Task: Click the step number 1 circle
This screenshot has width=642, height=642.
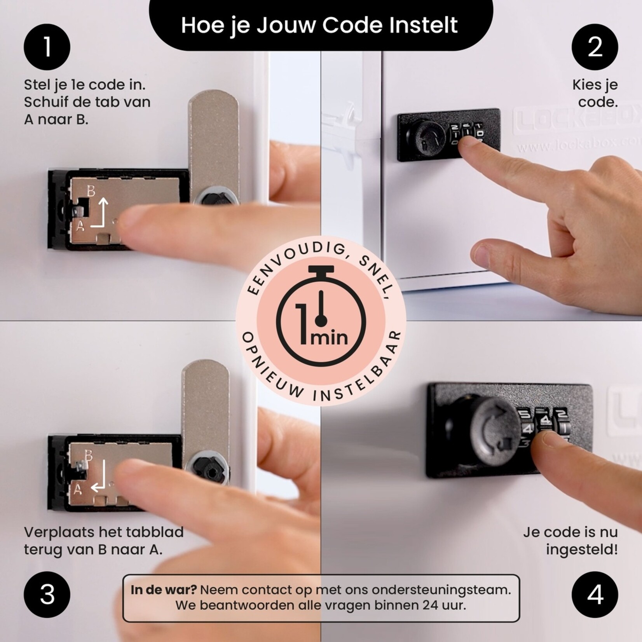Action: coord(47,47)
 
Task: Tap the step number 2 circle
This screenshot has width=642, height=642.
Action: coord(595,47)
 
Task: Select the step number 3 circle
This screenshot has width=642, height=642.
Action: coord(47,595)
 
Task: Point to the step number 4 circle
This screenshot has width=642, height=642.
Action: coord(595,595)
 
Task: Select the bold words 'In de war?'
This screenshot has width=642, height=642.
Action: coord(164,590)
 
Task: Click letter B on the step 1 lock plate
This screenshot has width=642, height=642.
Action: coord(91,191)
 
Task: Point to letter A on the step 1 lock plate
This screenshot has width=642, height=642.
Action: coord(80,225)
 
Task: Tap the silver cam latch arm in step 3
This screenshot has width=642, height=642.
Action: coord(206,408)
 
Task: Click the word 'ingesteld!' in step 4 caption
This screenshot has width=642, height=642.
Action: coord(581,550)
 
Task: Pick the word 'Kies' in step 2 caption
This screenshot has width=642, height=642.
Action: coord(584,85)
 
